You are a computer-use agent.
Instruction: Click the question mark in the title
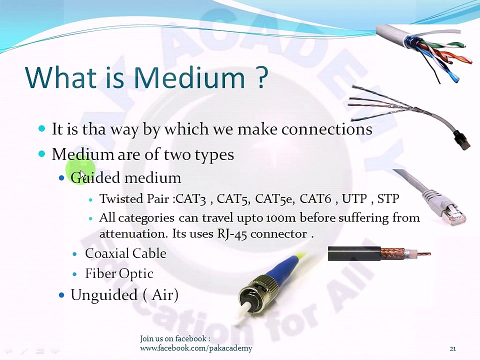(x=262, y=77)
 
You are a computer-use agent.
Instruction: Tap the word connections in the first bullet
(x=326, y=129)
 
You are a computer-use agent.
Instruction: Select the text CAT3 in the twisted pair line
(x=191, y=199)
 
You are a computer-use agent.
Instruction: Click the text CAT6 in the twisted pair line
(x=315, y=199)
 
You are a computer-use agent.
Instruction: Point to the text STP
(x=388, y=199)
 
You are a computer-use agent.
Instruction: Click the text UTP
(x=354, y=199)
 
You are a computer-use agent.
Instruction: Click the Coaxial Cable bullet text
(x=125, y=253)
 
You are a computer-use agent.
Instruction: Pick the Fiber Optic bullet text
(x=119, y=274)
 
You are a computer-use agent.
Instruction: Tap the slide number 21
(x=452, y=348)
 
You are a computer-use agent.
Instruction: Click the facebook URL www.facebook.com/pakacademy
(x=196, y=348)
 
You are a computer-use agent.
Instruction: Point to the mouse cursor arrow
(x=83, y=174)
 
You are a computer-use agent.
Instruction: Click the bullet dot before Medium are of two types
(x=42, y=154)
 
